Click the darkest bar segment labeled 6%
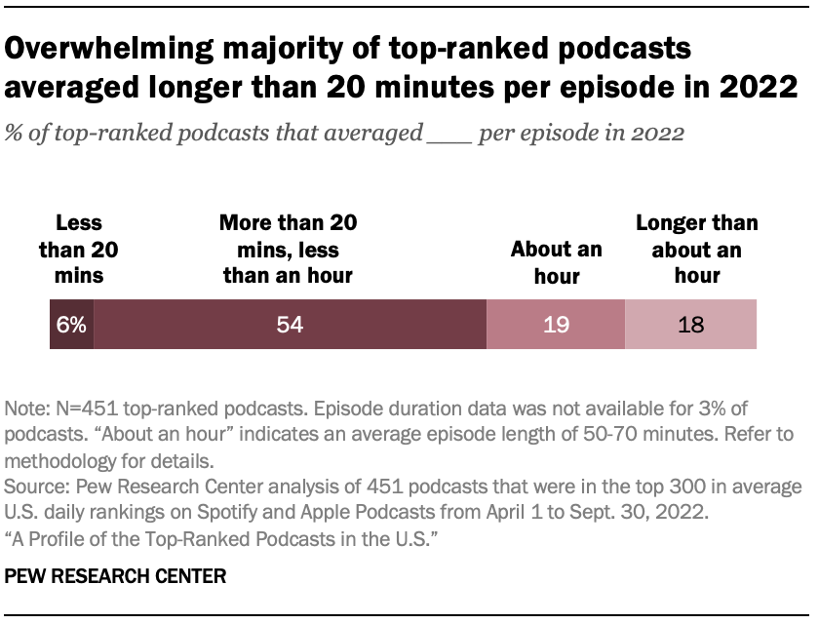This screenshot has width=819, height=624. tap(71, 325)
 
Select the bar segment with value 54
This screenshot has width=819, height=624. tap(290, 325)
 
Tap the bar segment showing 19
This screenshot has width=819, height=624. tap(556, 325)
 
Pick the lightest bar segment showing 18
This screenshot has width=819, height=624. tap(690, 325)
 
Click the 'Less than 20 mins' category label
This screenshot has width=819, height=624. tap(71, 249)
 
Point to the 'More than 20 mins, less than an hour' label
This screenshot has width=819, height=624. tap(289, 249)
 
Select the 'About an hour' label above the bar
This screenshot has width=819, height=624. tap(557, 262)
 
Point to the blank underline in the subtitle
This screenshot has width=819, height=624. tap(449, 134)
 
